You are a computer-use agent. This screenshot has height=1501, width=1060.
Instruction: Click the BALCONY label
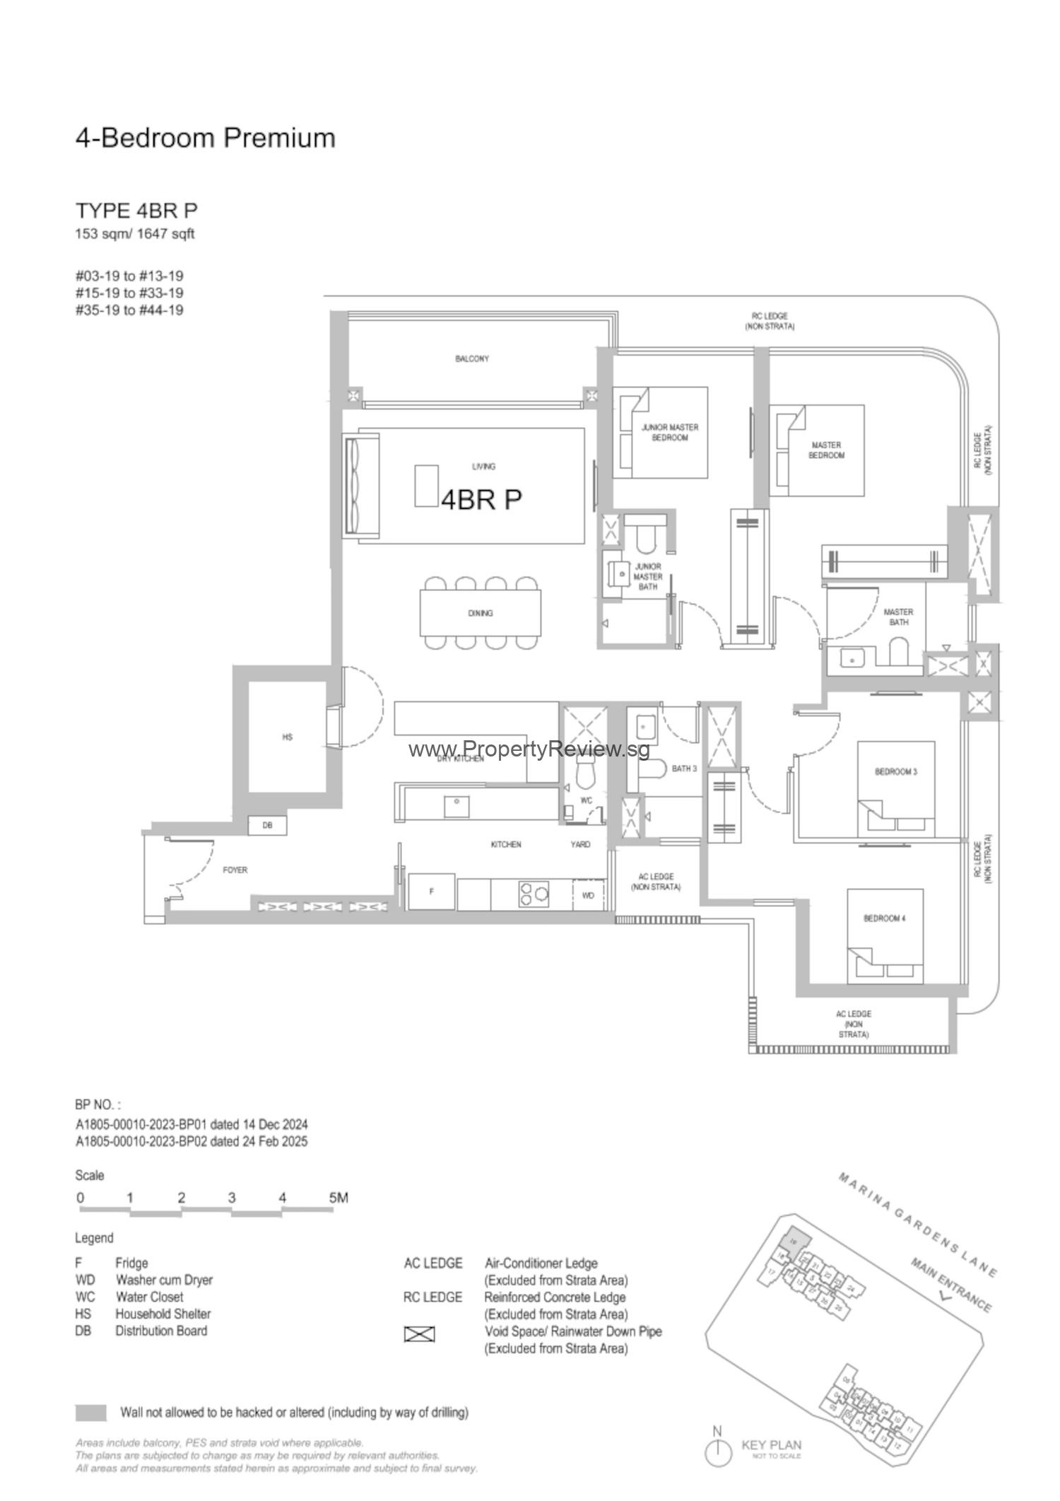[471, 358]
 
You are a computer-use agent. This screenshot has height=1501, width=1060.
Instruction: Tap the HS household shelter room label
[287, 737]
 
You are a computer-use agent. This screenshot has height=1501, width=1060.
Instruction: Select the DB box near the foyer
[267, 825]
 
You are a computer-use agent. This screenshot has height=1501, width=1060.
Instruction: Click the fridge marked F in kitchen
[432, 892]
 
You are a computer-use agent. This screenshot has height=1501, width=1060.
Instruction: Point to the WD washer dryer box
[588, 895]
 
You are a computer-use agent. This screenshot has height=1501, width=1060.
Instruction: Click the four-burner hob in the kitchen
[534, 894]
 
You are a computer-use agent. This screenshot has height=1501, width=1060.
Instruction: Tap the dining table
[480, 613]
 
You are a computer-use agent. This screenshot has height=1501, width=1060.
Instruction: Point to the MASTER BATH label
[898, 617]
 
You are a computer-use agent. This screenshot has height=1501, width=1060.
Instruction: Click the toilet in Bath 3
[655, 769]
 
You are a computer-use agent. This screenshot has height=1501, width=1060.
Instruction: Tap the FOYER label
[235, 870]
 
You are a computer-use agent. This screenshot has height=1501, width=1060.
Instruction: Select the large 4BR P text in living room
[481, 499]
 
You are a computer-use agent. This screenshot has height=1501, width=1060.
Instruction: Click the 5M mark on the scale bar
[338, 1198]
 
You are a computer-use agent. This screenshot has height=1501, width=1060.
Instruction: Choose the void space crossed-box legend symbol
[419, 1334]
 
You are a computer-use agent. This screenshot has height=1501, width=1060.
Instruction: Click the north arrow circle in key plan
[718, 1453]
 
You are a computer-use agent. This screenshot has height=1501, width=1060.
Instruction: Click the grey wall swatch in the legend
[90, 1413]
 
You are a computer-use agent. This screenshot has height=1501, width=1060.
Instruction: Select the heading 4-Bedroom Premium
[205, 137]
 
